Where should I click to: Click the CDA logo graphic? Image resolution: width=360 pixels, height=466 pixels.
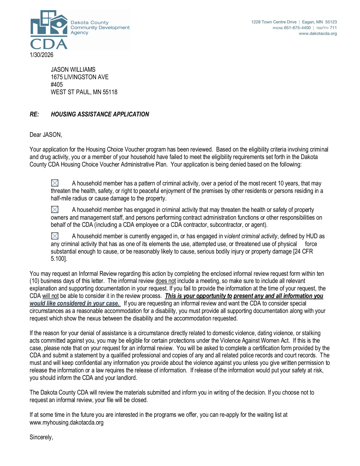(x=49, y=30)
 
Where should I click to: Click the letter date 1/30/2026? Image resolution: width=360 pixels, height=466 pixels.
(x=41, y=55)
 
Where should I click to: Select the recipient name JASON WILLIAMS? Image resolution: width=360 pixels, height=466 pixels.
(x=73, y=70)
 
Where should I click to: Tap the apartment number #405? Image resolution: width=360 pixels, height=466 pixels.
(x=57, y=85)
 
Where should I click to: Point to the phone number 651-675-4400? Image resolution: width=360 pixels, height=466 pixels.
(x=297, y=28)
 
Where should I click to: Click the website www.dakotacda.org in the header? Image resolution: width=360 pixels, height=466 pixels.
(x=318, y=34)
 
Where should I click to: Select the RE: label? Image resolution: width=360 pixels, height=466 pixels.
(x=34, y=114)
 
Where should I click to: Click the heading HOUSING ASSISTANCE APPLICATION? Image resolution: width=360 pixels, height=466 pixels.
(x=100, y=114)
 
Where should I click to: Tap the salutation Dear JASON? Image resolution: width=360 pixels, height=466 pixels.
(x=46, y=135)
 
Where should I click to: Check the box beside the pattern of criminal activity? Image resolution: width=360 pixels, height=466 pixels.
(x=55, y=183)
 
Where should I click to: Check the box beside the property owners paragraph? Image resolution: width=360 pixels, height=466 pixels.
(x=55, y=209)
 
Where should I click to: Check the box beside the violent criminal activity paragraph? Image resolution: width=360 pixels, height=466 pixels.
(x=55, y=236)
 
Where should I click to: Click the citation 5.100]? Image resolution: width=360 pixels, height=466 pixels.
(x=59, y=259)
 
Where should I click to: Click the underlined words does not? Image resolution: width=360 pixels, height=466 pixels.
(x=166, y=281)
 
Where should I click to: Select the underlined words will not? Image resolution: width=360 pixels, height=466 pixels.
(x=50, y=296)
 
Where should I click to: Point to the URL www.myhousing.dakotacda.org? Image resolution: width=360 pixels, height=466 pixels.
(x=66, y=422)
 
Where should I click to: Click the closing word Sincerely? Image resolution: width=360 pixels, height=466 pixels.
(x=41, y=437)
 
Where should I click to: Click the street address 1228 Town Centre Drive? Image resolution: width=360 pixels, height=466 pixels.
(x=274, y=22)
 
